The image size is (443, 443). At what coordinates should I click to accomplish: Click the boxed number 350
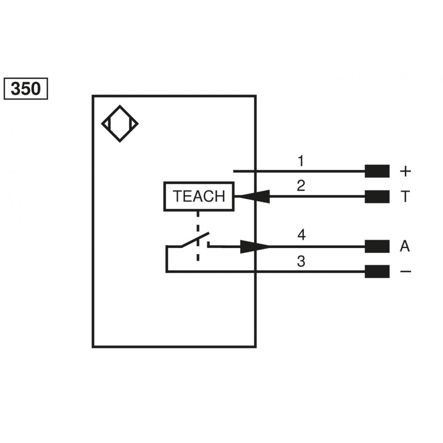tap(25, 89)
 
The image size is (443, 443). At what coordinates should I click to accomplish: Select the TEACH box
tap(199, 196)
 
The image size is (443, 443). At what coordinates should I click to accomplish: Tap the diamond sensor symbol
tap(120, 124)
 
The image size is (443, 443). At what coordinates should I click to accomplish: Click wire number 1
tap(301, 161)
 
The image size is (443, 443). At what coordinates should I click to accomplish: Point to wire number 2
tap(301, 186)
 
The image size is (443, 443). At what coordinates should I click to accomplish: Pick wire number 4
tap(301, 235)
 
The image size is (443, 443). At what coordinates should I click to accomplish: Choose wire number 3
tap(301, 261)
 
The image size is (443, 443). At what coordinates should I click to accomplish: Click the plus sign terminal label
tap(405, 171)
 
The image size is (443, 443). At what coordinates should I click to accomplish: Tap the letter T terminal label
tap(404, 197)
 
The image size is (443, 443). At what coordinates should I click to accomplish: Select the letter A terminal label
tap(404, 247)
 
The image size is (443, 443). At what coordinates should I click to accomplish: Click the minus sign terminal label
tap(405, 271)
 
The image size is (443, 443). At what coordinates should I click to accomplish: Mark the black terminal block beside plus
tap(377, 171)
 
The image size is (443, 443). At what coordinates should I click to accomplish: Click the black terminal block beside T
tap(377, 197)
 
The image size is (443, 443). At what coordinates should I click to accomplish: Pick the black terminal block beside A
tap(377, 247)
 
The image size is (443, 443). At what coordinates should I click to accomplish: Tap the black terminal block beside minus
tap(377, 271)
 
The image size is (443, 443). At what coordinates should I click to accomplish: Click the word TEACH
tap(199, 196)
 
